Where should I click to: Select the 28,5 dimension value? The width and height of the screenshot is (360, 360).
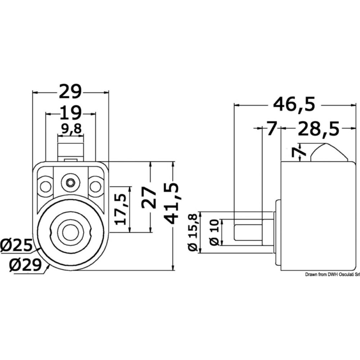318,129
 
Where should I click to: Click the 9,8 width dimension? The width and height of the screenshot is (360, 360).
71,129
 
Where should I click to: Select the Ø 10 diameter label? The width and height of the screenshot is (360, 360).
215,233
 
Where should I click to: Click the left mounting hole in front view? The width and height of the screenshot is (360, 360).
45,186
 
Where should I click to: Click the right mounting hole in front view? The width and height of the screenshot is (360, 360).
95,186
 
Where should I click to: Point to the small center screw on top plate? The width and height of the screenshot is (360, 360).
71,183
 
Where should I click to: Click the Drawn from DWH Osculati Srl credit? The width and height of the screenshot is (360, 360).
332,275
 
